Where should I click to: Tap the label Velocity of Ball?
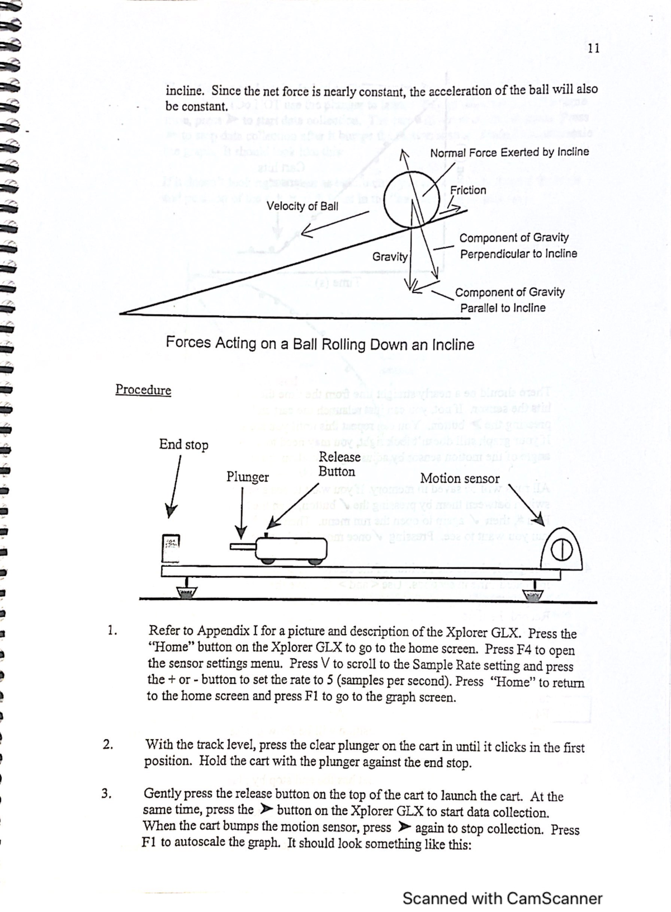click(x=302, y=206)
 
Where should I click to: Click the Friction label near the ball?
click(x=468, y=190)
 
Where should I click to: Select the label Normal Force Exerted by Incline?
click(x=509, y=152)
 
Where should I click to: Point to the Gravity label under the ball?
click(x=390, y=257)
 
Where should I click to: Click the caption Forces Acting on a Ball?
click(x=320, y=344)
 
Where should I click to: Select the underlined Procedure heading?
click(x=143, y=390)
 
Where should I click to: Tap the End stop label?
click(x=183, y=445)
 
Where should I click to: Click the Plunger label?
click(x=247, y=477)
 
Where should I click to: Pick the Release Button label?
click(x=339, y=464)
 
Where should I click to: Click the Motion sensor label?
click(x=460, y=479)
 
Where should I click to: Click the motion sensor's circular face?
click(x=561, y=551)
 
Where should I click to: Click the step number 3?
click(x=107, y=793)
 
